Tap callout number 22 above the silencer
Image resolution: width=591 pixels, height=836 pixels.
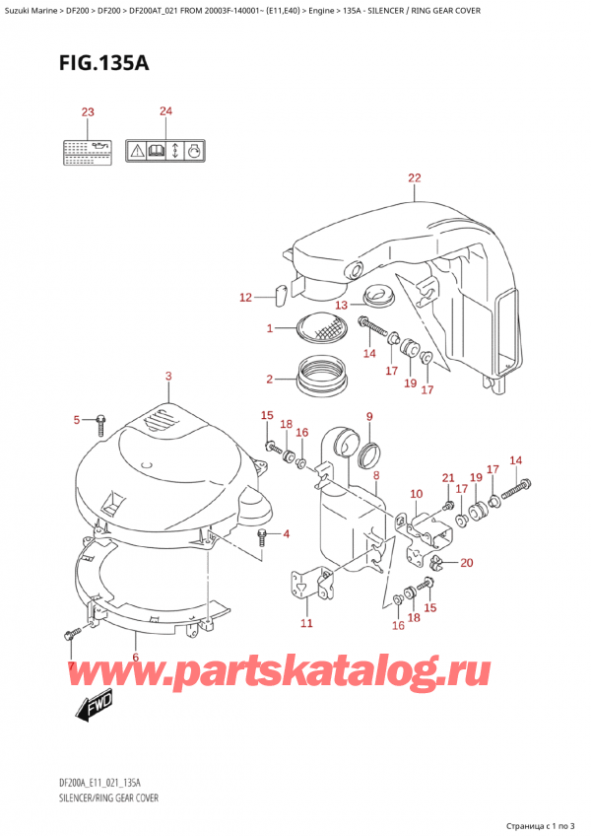click(414, 178)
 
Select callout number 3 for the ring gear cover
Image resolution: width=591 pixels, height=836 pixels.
click(168, 376)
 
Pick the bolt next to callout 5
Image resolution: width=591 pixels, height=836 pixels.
click(99, 423)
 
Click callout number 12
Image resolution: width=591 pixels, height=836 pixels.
click(245, 297)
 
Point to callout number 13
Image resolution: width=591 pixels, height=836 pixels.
click(342, 305)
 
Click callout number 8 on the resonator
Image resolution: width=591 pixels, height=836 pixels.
click(375, 475)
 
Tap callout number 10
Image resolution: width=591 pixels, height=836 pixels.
click(416, 494)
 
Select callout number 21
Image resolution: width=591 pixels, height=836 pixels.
click(448, 478)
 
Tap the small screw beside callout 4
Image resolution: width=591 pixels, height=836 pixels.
click(262, 536)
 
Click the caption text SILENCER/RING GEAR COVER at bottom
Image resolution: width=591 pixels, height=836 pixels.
click(102, 796)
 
